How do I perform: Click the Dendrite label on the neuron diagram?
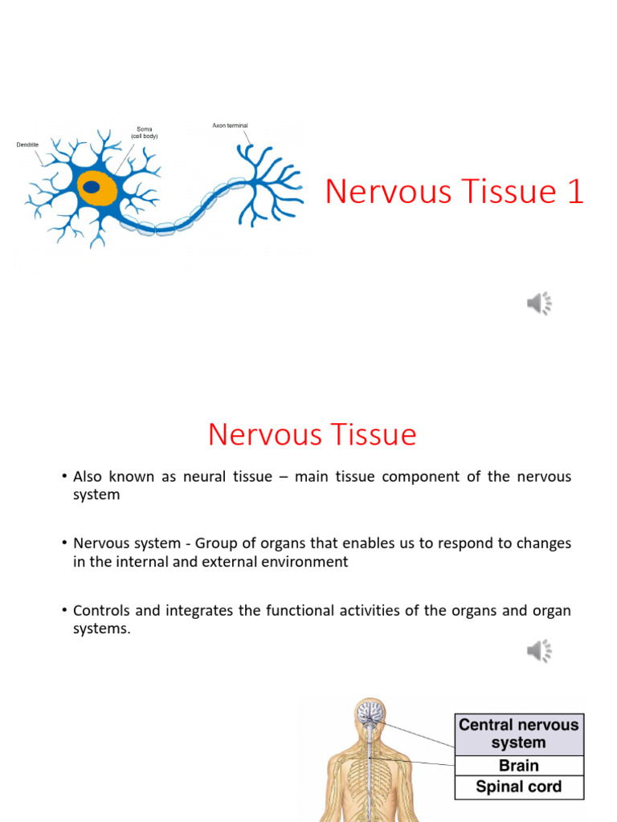27,144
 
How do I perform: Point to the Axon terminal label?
230,125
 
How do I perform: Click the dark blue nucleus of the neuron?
92,187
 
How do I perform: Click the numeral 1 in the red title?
574,192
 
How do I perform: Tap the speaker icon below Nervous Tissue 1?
539,303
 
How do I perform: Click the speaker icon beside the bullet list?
539,650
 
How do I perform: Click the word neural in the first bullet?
205,477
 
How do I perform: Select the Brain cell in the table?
519,766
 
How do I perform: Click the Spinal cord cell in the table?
519,787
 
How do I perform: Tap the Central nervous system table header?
519,734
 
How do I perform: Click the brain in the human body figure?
370,712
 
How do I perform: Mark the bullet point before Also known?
63,477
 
